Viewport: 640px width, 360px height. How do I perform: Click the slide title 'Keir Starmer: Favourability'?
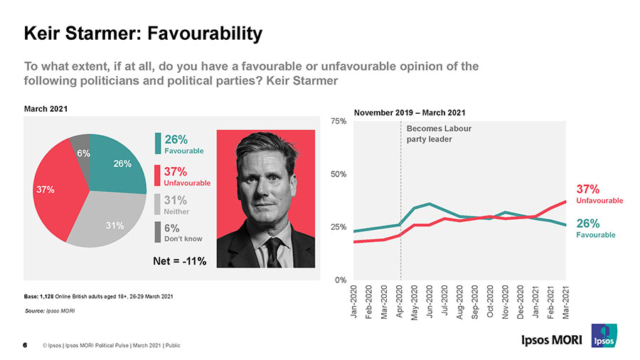tap(143, 33)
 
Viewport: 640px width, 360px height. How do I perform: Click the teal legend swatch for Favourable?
tap(158, 143)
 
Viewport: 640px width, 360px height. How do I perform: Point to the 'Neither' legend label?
tap(177, 211)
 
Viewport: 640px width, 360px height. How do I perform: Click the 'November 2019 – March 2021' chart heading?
tap(410, 112)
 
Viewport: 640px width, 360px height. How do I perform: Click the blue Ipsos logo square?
tap(604, 336)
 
